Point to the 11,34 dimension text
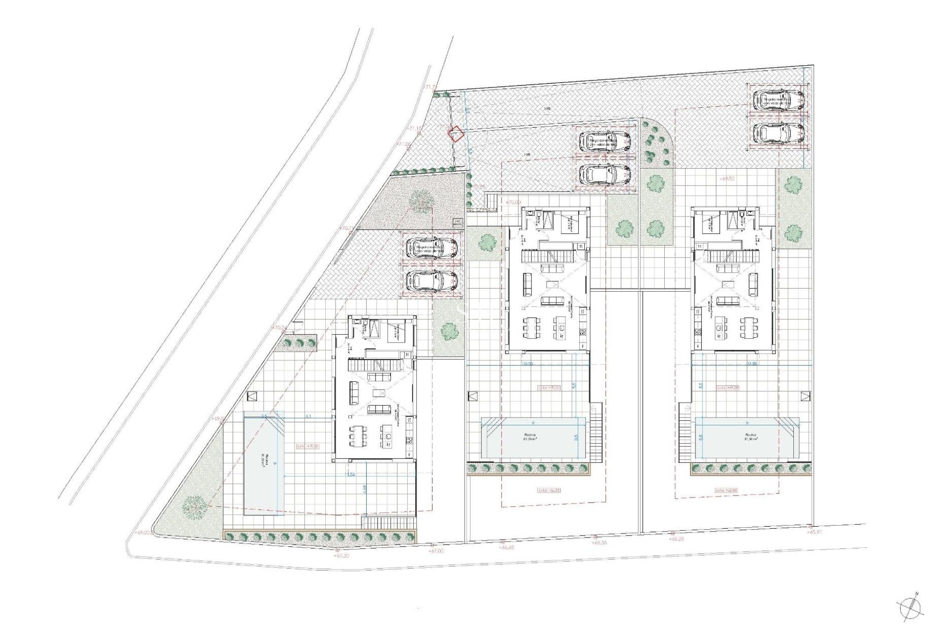(350, 475)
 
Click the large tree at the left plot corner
(193, 506)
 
